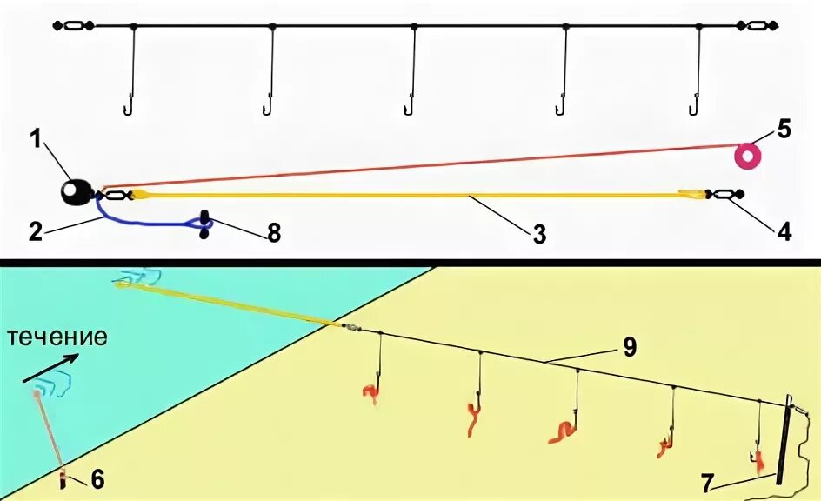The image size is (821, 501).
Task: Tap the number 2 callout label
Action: (35, 230)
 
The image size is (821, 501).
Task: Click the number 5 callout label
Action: (784, 130)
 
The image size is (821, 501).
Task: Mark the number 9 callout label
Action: (629, 347)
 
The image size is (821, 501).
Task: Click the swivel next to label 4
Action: (724, 194)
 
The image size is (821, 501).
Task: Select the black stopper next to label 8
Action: (205, 224)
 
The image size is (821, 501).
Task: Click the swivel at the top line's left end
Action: (74, 26)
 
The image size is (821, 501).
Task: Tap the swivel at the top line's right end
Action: (757, 26)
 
